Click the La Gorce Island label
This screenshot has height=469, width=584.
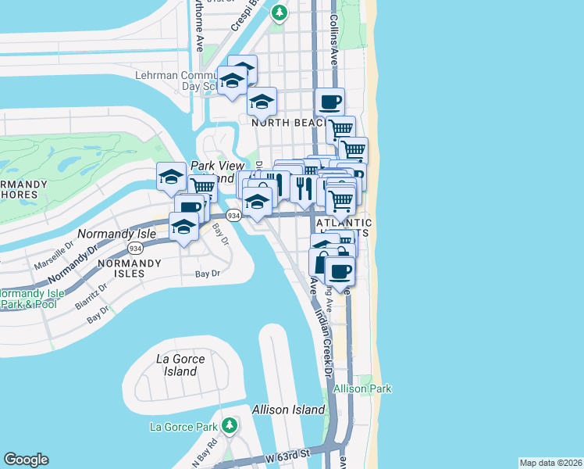[180, 365]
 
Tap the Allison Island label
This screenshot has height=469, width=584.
[288, 410]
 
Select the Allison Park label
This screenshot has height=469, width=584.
[362, 388]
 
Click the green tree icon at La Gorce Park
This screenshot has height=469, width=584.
[229, 425]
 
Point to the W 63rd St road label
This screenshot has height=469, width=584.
[287, 453]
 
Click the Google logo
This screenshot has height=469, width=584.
[26, 460]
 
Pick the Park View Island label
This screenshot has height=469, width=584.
[213, 171]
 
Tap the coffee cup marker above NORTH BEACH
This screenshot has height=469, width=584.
[329, 101]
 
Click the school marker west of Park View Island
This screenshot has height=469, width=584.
[170, 177]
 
